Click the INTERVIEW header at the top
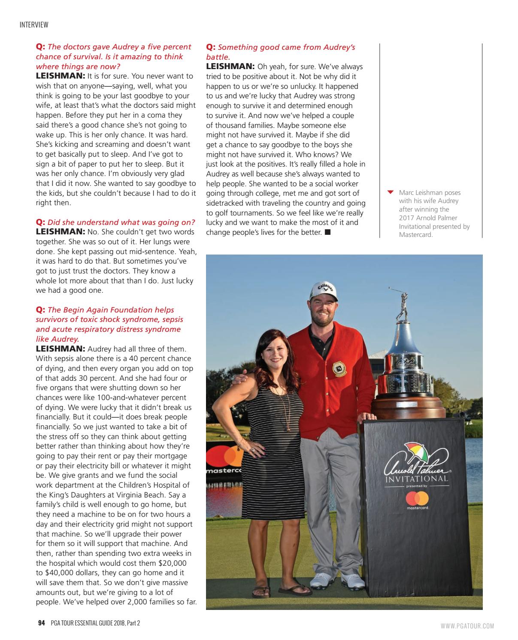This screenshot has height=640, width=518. [x=34, y=25]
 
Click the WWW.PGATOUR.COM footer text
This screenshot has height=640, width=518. [x=467, y=626]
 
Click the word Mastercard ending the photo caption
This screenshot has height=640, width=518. [x=415, y=234]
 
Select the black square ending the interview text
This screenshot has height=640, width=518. [x=328, y=232]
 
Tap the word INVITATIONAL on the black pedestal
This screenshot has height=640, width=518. [x=417, y=478]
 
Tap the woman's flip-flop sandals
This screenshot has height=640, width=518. [x=273, y=591]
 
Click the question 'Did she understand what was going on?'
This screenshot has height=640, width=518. [x=121, y=222]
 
